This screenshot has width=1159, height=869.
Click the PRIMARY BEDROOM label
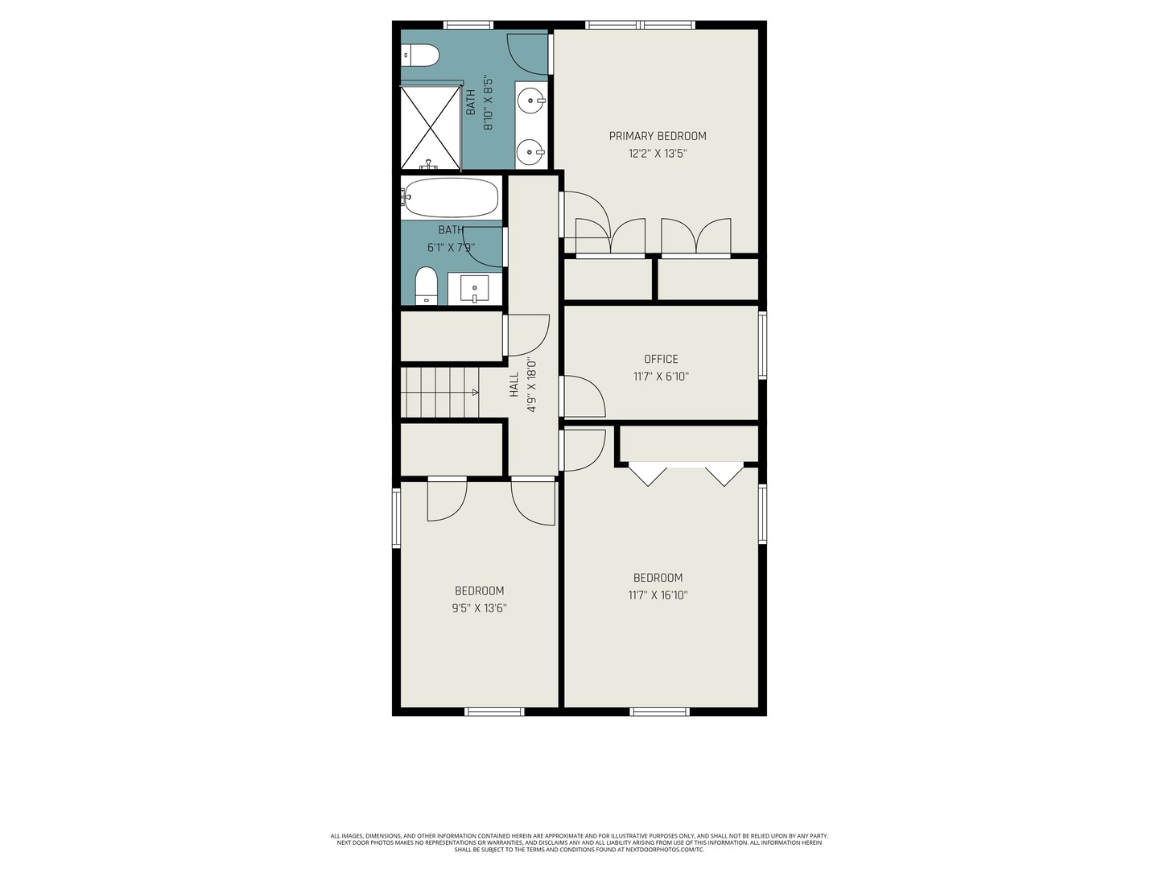[658, 136]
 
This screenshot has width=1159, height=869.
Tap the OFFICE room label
[661, 360]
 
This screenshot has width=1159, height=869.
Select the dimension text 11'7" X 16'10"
[658, 595]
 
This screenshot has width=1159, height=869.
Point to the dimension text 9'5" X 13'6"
[479, 608]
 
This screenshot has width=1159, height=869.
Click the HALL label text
[514, 385]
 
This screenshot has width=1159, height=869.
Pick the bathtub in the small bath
[450, 198]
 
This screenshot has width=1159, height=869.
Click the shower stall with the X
[431, 126]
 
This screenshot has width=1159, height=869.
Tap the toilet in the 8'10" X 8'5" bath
[420, 55]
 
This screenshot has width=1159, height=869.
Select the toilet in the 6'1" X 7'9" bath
[426, 286]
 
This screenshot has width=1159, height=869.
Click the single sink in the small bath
[475, 289]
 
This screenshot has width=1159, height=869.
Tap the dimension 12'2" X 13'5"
[658, 154]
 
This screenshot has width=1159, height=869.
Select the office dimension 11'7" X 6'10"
[661, 377]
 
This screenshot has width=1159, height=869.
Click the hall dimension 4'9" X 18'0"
[532, 385]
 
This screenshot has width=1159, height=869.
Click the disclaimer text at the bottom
[579, 842]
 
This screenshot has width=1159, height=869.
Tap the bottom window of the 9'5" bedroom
[495, 712]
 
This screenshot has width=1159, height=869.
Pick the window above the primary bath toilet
[468, 25]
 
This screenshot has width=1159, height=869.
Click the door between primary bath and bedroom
[528, 54]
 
